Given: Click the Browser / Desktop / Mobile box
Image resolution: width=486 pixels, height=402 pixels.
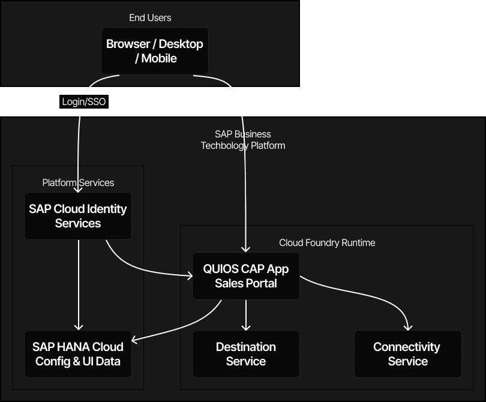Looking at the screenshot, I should (x=155, y=51).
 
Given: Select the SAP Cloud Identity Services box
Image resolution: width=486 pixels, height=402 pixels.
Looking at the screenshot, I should (x=78, y=216).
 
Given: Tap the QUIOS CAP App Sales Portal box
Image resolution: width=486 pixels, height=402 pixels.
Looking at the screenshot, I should (x=245, y=276).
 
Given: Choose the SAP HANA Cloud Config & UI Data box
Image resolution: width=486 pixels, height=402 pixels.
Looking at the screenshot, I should (x=78, y=354).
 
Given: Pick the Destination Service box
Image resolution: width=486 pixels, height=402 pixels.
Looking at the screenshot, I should (x=245, y=354).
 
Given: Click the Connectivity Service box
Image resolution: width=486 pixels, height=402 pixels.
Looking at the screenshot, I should (x=407, y=354).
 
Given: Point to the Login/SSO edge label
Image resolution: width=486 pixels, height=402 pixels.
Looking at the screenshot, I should (x=84, y=102).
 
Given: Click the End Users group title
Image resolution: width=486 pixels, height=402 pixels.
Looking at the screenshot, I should (x=150, y=18).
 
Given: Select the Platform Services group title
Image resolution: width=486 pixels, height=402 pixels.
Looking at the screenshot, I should (x=78, y=182).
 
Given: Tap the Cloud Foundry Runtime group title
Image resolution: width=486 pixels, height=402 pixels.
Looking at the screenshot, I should (x=327, y=242).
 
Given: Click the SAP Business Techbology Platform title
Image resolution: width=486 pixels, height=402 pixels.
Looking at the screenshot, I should (x=243, y=140).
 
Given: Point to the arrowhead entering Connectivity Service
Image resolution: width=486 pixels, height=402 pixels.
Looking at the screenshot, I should (x=408, y=327).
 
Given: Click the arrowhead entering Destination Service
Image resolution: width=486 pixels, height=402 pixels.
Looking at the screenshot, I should (x=245, y=327).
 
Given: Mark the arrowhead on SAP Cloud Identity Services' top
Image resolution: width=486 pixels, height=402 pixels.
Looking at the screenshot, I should (x=78, y=189).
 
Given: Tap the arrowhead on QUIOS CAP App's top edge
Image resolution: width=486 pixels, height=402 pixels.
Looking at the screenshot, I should (x=245, y=249).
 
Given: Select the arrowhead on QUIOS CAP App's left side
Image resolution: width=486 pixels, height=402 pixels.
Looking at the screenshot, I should (x=189, y=276).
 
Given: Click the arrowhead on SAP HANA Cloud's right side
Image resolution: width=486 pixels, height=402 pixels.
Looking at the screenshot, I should (x=135, y=341).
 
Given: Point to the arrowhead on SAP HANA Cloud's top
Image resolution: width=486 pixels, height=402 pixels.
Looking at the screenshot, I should (x=78, y=327).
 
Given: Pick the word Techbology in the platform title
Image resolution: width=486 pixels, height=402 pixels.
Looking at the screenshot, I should (x=223, y=146).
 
